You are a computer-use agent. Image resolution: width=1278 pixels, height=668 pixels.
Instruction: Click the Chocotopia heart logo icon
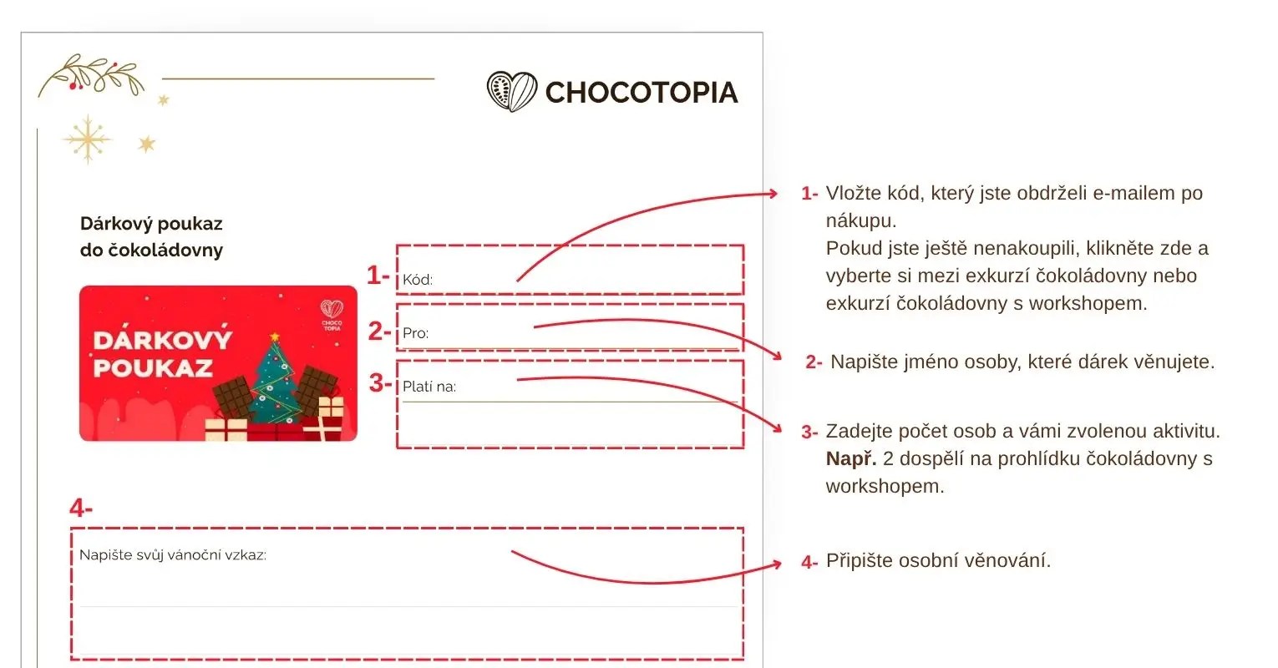[511, 91]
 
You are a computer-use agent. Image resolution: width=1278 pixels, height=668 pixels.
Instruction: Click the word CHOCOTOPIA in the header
[642, 93]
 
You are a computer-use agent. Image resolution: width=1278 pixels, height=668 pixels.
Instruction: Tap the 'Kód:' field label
[418, 280]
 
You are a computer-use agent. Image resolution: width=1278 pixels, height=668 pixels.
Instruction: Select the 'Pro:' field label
[415, 333]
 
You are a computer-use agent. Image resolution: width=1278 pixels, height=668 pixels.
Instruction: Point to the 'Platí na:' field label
[429, 387]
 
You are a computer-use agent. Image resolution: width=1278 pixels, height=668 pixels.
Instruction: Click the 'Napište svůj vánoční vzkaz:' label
[173, 555]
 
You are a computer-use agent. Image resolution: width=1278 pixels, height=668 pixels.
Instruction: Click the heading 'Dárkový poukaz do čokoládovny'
[151, 236]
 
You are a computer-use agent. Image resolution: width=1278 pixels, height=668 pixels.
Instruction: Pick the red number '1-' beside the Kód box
[378, 275]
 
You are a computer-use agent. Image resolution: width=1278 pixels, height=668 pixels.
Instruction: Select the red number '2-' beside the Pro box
[379, 331]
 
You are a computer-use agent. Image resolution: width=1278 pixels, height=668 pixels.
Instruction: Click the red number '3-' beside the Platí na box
[380, 383]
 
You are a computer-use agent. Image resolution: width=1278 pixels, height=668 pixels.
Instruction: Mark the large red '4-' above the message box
[81, 508]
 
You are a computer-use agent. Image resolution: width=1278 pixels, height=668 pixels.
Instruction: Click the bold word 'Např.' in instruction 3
[850, 458]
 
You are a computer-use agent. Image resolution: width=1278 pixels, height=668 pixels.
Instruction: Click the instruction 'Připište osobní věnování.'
[938, 560]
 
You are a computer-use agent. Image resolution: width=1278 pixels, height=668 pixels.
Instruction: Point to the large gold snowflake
[87, 139]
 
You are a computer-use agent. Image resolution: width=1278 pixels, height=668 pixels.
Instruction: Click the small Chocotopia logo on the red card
[332, 315]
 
